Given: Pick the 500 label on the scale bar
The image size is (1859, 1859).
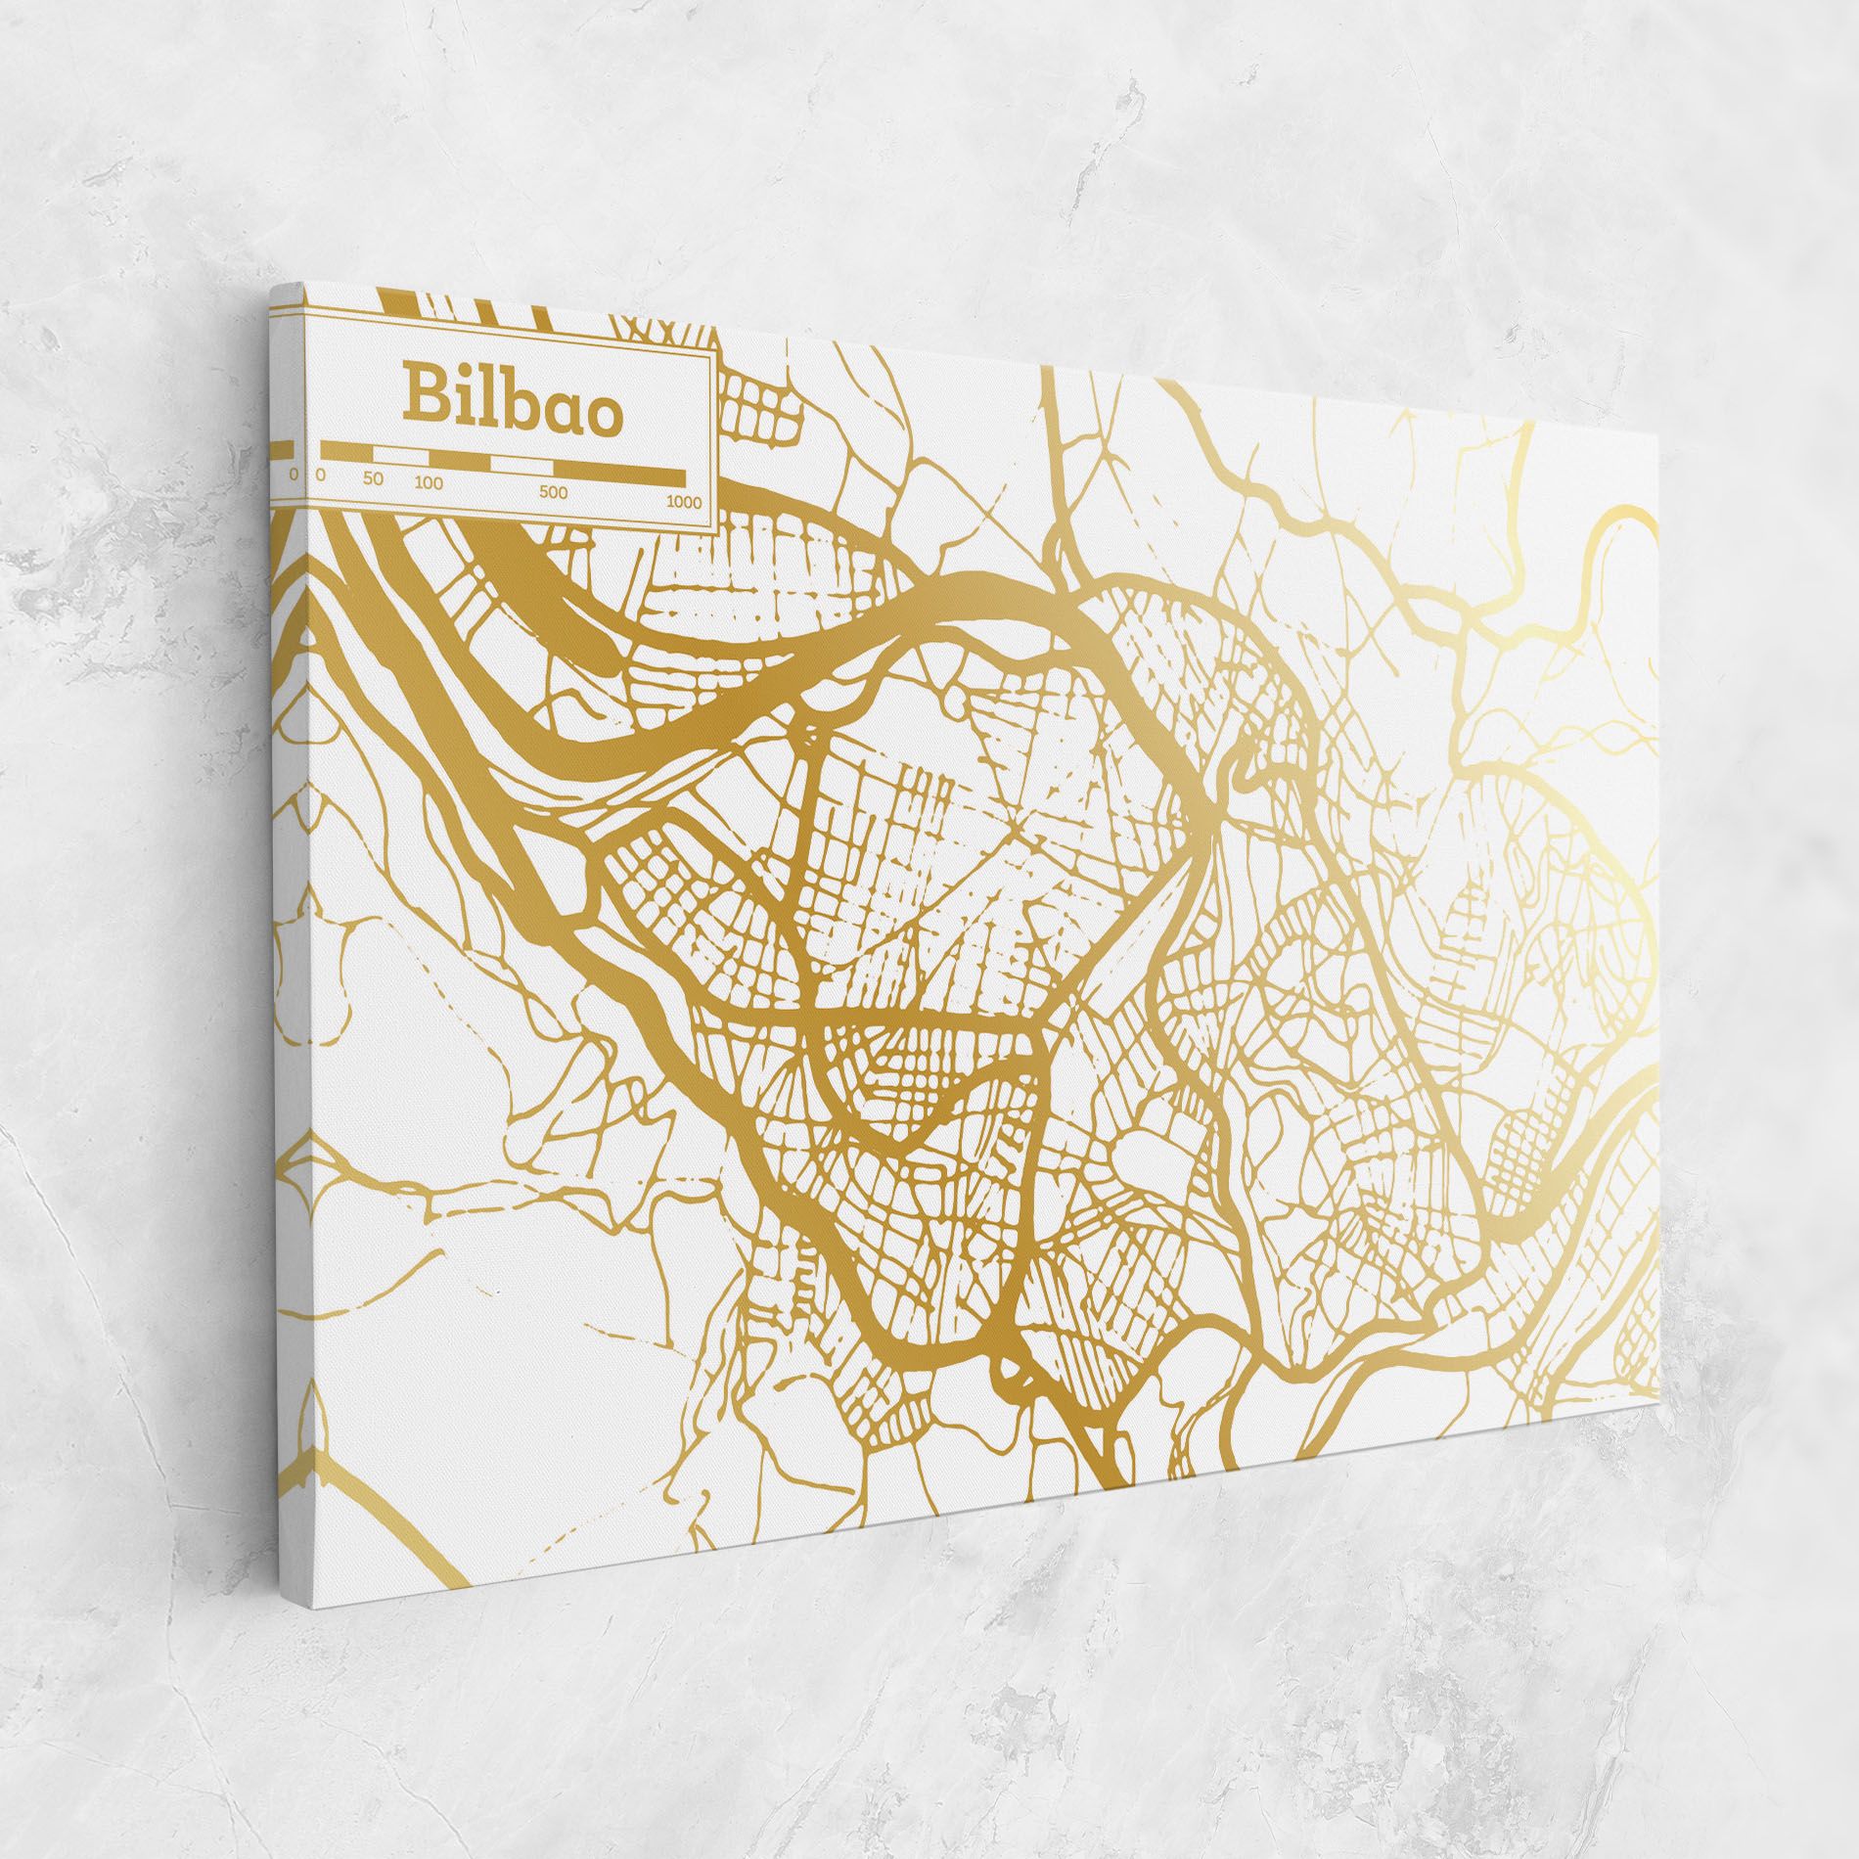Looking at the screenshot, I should click(x=553, y=492).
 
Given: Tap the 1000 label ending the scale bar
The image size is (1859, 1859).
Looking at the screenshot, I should click(x=684, y=502).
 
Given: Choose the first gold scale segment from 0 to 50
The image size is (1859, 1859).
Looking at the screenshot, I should click(x=347, y=450).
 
